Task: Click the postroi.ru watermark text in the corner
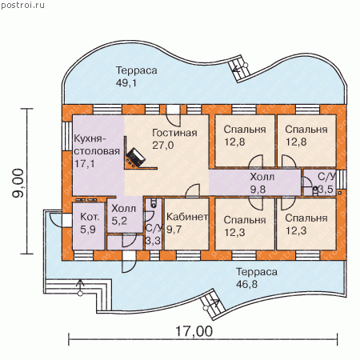click(22, 5)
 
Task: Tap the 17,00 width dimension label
click(194, 331)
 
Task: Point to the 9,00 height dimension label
click(18, 183)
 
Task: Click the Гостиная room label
click(174, 133)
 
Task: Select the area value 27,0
click(163, 145)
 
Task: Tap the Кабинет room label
click(187, 217)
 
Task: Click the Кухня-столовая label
click(97, 145)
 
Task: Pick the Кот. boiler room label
click(90, 217)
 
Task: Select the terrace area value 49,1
click(126, 83)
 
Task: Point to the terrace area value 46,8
click(246, 284)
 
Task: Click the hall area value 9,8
click(258, 190)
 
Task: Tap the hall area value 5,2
click(119, 221)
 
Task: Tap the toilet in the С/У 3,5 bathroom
click(315, 191)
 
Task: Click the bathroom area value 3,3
click(153, 241)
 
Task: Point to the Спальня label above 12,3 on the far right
click(306, 218)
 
